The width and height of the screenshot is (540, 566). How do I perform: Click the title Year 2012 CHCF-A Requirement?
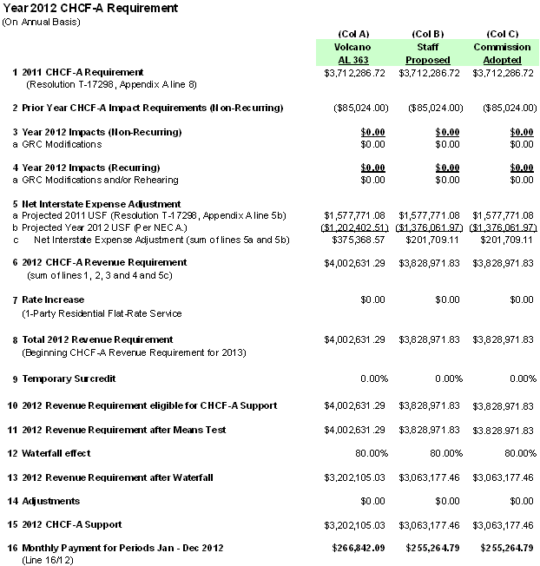[90, 8]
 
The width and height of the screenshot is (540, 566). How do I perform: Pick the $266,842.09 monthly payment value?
[352, 548]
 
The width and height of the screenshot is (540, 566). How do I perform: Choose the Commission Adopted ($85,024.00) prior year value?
[508, 108]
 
